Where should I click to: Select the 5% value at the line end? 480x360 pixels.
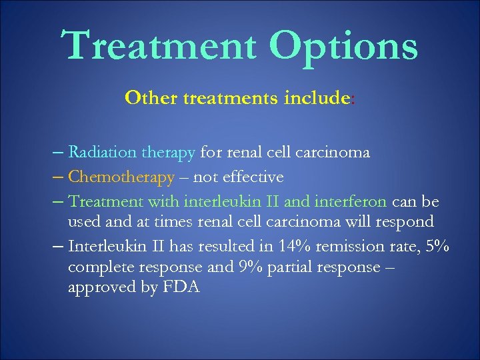coord(437,246)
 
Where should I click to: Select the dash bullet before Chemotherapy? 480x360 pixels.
coord(58,177)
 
